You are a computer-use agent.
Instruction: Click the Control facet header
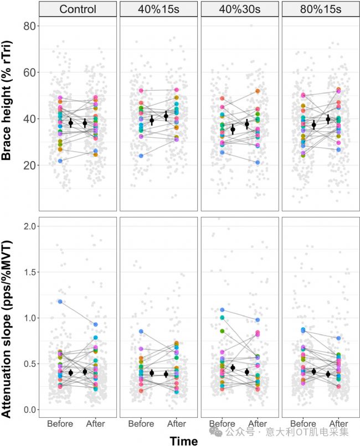click(x=78, y=9)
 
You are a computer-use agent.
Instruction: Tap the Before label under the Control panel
click(x=60, y=424)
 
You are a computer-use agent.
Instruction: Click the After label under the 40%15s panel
click(x=177, y=424)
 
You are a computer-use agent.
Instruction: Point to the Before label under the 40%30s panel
click(x=222, y=424)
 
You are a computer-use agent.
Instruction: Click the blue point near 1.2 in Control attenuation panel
click(x=60, y=302)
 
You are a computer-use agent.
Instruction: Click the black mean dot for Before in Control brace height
click(x=71, y=123)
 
